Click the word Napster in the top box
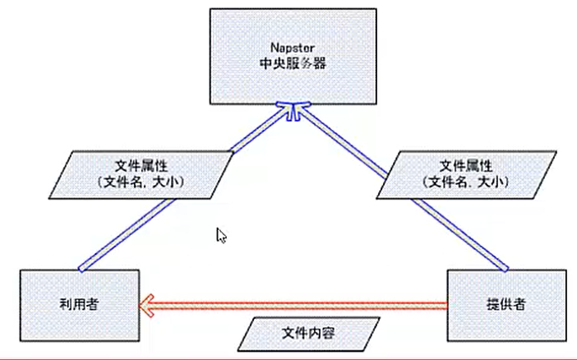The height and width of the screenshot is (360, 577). pos(292,47)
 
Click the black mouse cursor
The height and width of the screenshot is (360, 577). pos(221,236)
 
